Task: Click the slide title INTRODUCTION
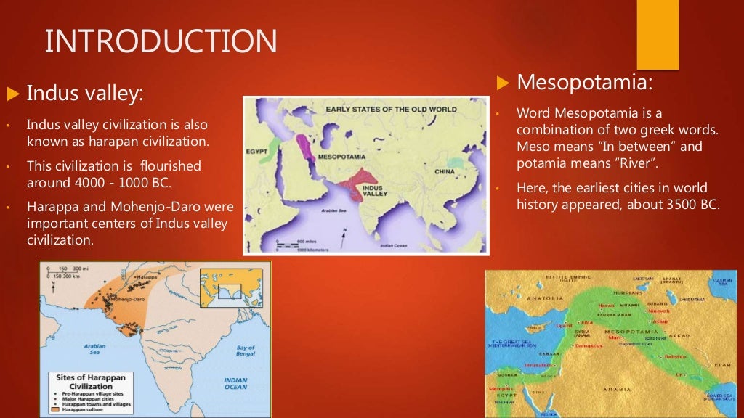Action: point(161,41)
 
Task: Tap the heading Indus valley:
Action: point(85,93)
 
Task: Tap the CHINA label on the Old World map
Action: point(444,171)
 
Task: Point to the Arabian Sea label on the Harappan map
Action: point(94,350)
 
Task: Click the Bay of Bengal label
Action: point(246,351)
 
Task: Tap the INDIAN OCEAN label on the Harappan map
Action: point(235,383)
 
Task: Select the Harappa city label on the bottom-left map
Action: point(145,278)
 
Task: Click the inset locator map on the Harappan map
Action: point(230,287)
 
